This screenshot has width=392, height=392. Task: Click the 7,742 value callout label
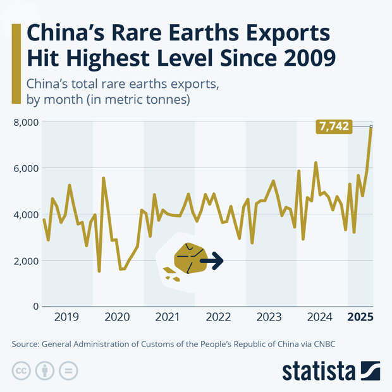pyautogui.click(x=334, y=127)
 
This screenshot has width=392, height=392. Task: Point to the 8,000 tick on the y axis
pyautogui.click(x=25, y=122)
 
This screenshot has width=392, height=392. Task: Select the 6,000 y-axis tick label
pyautogui.click(x=25, y=168)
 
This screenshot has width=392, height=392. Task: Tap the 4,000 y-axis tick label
pyautogui.click(x=25, y=214)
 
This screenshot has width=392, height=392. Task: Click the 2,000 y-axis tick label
pyautogui.click(x=25, y=260)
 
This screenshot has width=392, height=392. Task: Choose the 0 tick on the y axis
pyautogui.click(x=35, y=307)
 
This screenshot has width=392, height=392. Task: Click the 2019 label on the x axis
pyautogui.click(x=67, y=317)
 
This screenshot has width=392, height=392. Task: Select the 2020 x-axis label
pyautogui.click(x=118, y=317)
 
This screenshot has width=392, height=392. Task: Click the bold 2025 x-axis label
pyautogui.click(x=361, y=317)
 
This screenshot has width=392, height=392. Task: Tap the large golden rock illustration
pyautogui.click(x=190, y=259)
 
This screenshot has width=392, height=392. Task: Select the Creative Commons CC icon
pyautogui.click(x=21, y=371)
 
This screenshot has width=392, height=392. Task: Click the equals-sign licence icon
pyautogui.click(x=68, y=371)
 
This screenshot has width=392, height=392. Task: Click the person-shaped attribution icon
pyautogui.click(x=45, y=371)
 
